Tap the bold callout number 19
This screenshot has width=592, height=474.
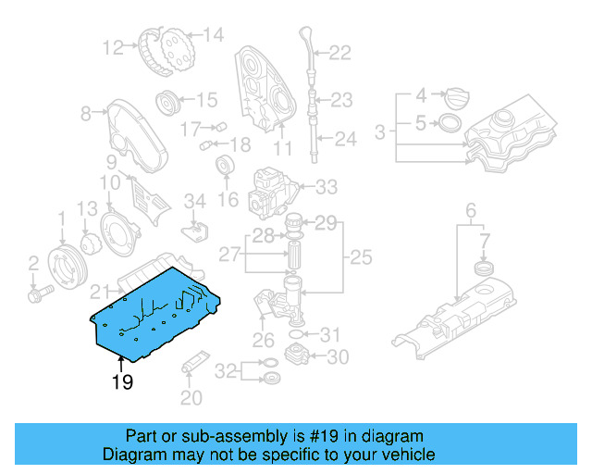click(x=122, y=381)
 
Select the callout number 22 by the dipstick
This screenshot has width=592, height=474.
click(x=339, y=53)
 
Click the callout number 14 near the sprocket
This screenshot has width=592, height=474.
click(x=213, y=36)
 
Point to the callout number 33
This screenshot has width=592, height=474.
click(x=327, y=187)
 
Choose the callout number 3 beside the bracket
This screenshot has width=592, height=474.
click(x=380, y=133)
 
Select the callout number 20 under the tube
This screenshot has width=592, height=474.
click(x=191, y=399)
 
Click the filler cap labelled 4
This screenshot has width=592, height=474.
click(x=459, y=96)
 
